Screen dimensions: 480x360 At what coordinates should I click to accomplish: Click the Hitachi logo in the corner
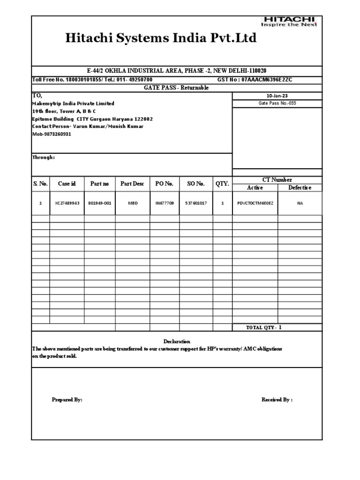pos(289,22)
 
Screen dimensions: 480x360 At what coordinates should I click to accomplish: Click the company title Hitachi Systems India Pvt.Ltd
pos(161,38)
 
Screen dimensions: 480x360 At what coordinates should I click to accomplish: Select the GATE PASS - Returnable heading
pos(177,88)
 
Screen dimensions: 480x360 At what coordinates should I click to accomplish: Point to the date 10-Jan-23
pos(277,96)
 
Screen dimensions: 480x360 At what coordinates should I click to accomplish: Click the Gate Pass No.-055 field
pos(277,103)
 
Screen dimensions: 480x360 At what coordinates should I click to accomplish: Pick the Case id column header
pos(67,184)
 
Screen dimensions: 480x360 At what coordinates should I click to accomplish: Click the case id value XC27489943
pos(67,203)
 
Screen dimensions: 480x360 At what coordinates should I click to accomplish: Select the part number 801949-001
pos(99,203)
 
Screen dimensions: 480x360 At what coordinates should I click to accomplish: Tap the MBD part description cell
pos(133,203)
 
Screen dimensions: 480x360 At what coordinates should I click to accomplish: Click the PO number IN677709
pos(165,203)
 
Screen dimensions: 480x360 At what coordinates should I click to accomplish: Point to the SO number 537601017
pos(196,203)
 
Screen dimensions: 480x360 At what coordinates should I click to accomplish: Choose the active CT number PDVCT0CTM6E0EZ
pos(255,203)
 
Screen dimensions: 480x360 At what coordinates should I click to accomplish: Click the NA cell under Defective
pos(300,203)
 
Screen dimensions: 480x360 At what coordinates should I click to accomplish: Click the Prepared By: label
pos(67,400)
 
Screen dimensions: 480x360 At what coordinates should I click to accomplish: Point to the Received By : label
pos(277,400)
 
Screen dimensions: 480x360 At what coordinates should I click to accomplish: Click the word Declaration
pos(177,341)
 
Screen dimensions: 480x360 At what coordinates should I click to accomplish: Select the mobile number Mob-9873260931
pos(52,134)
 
